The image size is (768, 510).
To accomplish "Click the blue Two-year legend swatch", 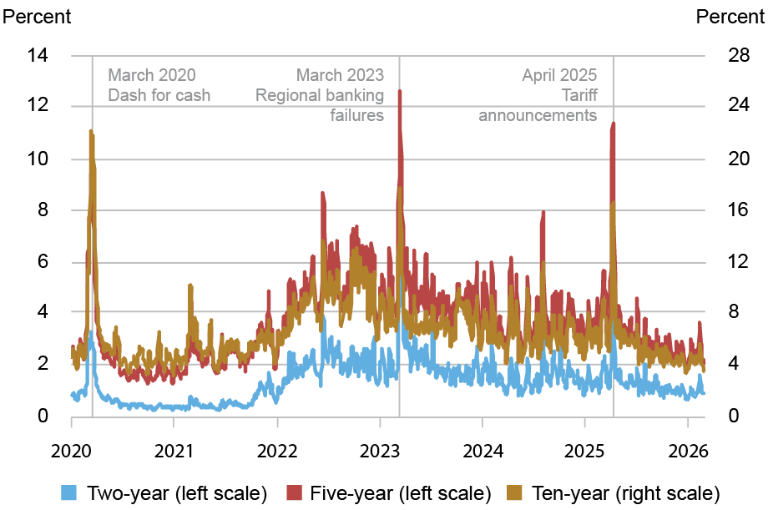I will pyautogui.click(x=70, y=492).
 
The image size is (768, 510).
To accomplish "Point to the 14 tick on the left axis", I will pyautogui.click(x=38, y=56).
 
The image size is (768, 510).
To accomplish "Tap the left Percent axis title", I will pyautogui.click(x=38, y=16).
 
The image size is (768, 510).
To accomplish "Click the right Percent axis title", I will pyautogui.click(x=730, y=16).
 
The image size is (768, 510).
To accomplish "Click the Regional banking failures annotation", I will pyautogui.click(x=321, y=95).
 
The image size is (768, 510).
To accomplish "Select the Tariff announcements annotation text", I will pyautogui.click(x=538, y=95).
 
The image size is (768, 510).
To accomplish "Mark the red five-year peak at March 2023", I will pyautogui.click(x=400, y=91).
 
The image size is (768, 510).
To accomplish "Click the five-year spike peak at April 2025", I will pyautogui.click(x=614, y=123).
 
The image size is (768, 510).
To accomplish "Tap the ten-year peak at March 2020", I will pyautogui.click(x=90, y=131).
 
